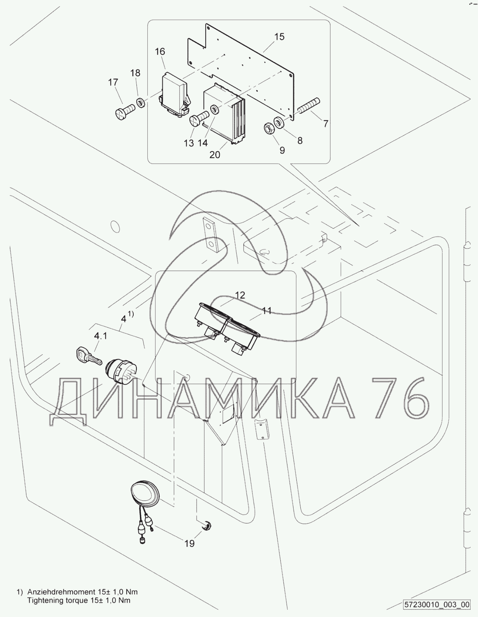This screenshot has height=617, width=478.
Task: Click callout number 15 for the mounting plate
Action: pos(279,37)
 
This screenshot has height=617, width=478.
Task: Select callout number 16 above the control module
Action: pos(160,51)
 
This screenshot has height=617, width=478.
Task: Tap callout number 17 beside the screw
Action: pos(113,82)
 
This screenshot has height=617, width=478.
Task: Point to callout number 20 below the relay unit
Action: pos(215,155)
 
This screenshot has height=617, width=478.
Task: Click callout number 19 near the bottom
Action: pos(189,544)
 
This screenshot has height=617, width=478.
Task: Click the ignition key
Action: pos(89,356)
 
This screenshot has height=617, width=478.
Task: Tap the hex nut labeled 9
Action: pos(268,128)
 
